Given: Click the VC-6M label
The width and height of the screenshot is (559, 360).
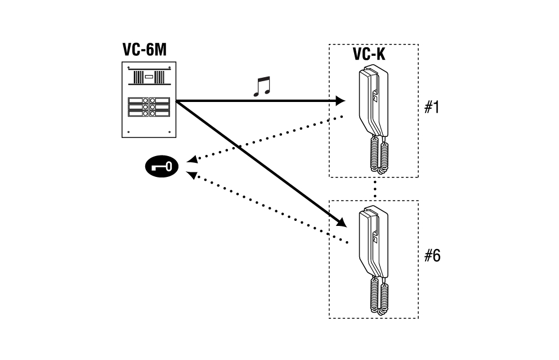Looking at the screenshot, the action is tap(144, 50).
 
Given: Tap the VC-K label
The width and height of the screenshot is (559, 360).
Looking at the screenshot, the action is tap(369, 54).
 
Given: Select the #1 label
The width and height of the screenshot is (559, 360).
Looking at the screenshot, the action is tap(432, 107).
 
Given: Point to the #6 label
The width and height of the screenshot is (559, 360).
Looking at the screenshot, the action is tap(432, 256).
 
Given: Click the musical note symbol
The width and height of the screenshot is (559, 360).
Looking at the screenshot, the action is tap(262, 86).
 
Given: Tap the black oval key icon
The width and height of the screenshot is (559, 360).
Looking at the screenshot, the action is tap(162, 167).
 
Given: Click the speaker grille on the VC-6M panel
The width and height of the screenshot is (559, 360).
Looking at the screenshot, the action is tap(149, 77).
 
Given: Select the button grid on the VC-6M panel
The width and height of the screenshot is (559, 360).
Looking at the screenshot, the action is tap(149, 107).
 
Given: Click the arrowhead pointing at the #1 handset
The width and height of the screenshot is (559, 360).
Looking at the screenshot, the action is tap(340, 101).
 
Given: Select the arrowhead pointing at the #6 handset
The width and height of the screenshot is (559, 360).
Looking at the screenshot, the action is tap(341, 223).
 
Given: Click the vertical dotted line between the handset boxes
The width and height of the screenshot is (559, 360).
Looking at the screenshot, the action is tap(375, 189).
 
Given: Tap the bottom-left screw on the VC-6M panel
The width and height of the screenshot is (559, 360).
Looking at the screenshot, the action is tap(129, 132).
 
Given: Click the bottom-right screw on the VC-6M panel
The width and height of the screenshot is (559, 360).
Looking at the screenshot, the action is tap(169, 132).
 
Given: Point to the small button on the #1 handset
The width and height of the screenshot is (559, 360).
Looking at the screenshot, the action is tap(375, 96).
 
